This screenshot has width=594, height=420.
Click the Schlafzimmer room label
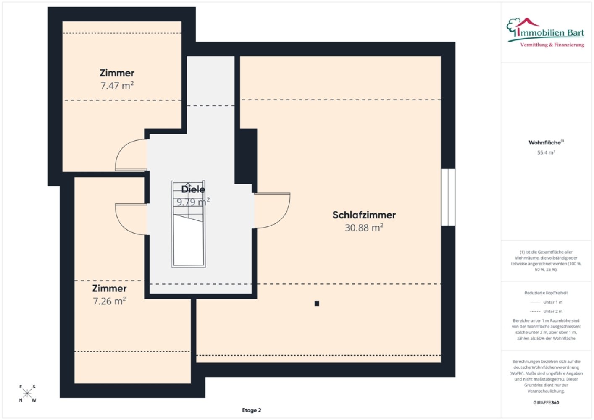(364, 215)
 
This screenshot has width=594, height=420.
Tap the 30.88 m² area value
(364, 228)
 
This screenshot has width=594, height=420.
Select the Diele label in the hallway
(193, 189)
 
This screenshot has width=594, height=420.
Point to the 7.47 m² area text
(117, 85)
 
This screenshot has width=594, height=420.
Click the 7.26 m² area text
(109, 301)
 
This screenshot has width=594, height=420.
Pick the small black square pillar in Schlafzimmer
(317, 303)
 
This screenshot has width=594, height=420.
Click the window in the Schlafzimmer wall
(448, 197)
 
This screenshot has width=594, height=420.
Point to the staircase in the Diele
(188, 224)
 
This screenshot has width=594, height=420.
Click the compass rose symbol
(27, 393)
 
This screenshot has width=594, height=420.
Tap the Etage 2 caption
(251, 410)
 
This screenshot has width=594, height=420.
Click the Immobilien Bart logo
(545, 33)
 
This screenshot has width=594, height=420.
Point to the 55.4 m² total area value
(546, 152)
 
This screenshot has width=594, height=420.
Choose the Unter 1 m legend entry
(546, 302)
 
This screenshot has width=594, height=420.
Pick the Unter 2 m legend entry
(546, 311)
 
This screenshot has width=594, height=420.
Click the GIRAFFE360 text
(546, 402)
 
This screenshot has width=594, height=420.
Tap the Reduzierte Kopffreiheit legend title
(546, 293)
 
